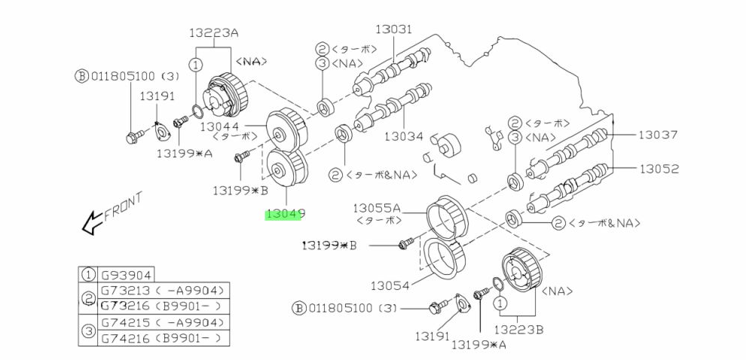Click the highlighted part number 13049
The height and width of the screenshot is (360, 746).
(285, 215)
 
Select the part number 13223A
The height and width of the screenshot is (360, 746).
(213, 34)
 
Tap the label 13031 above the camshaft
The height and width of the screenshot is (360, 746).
(393, 29)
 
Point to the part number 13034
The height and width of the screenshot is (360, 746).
(404, 136)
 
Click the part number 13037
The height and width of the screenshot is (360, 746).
(658, 135)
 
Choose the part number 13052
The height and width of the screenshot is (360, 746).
(659, 169)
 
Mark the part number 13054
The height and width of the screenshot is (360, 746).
(390, 285)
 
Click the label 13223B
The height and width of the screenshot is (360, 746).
(518, 329)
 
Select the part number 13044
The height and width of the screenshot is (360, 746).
(219, 127)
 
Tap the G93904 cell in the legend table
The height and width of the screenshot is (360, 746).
(126, 275)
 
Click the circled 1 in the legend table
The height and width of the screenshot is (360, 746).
(88, 275)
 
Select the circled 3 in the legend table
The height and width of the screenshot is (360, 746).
(88, 330)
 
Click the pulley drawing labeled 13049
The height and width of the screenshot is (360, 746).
(286, 169)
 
